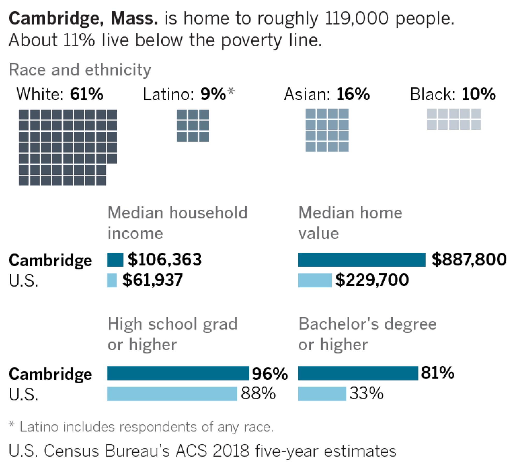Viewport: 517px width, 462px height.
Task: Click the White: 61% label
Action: pyautogui.click(x=60, y=94)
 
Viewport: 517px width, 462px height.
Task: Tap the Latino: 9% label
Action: pyautogui.click(x=188, y=94)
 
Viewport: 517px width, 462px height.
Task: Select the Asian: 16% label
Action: pyautogui.click(x=327, y=94)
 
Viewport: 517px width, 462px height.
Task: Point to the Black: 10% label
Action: pyautogui.click(x=453, y=94)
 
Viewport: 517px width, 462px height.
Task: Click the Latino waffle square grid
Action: pyautogui.click(x=193, y=126)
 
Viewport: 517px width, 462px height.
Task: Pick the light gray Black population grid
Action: pyautogui.click(x=454, y=119)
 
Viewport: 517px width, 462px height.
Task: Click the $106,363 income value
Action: pyautogui.click(x=165, y=260)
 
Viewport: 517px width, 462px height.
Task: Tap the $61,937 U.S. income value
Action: pyautogui.click(x=153, y=280)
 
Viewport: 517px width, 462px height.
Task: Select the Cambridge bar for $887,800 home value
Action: pyautogui.click(x=361, y=260)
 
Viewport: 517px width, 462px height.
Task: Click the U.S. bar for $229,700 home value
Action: pyautogui.click(x=315, y=280)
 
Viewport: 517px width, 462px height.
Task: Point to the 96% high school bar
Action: pyautogui.click(x=178, y=373)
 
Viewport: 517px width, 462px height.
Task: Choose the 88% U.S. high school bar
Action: pyautogui.click(x=172, y=394)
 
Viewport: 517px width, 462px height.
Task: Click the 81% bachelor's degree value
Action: pyautogui.click(x=437, y=373)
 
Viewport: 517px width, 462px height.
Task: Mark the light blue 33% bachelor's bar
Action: pyautogui.click(x=322, y=394)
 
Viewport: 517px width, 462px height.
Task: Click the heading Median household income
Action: pyautogui.click(x=177, y=223)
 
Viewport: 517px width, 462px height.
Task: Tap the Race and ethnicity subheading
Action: pyautogui.click(x=80, y=70)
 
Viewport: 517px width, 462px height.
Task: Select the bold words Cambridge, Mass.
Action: pyautogui.click(x=83, y=19)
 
